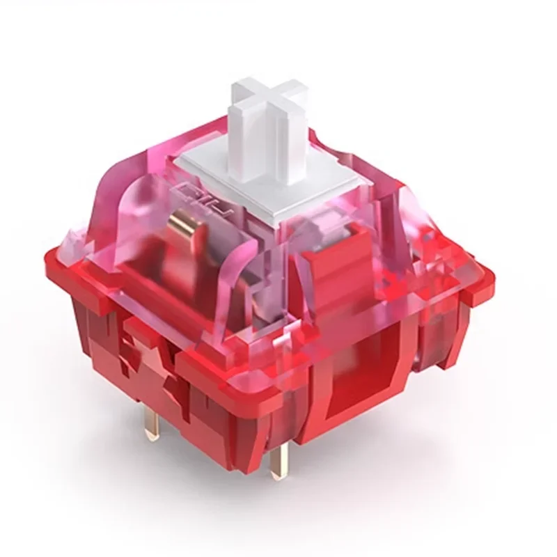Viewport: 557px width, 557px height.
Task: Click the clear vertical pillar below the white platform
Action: pos(268,278)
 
